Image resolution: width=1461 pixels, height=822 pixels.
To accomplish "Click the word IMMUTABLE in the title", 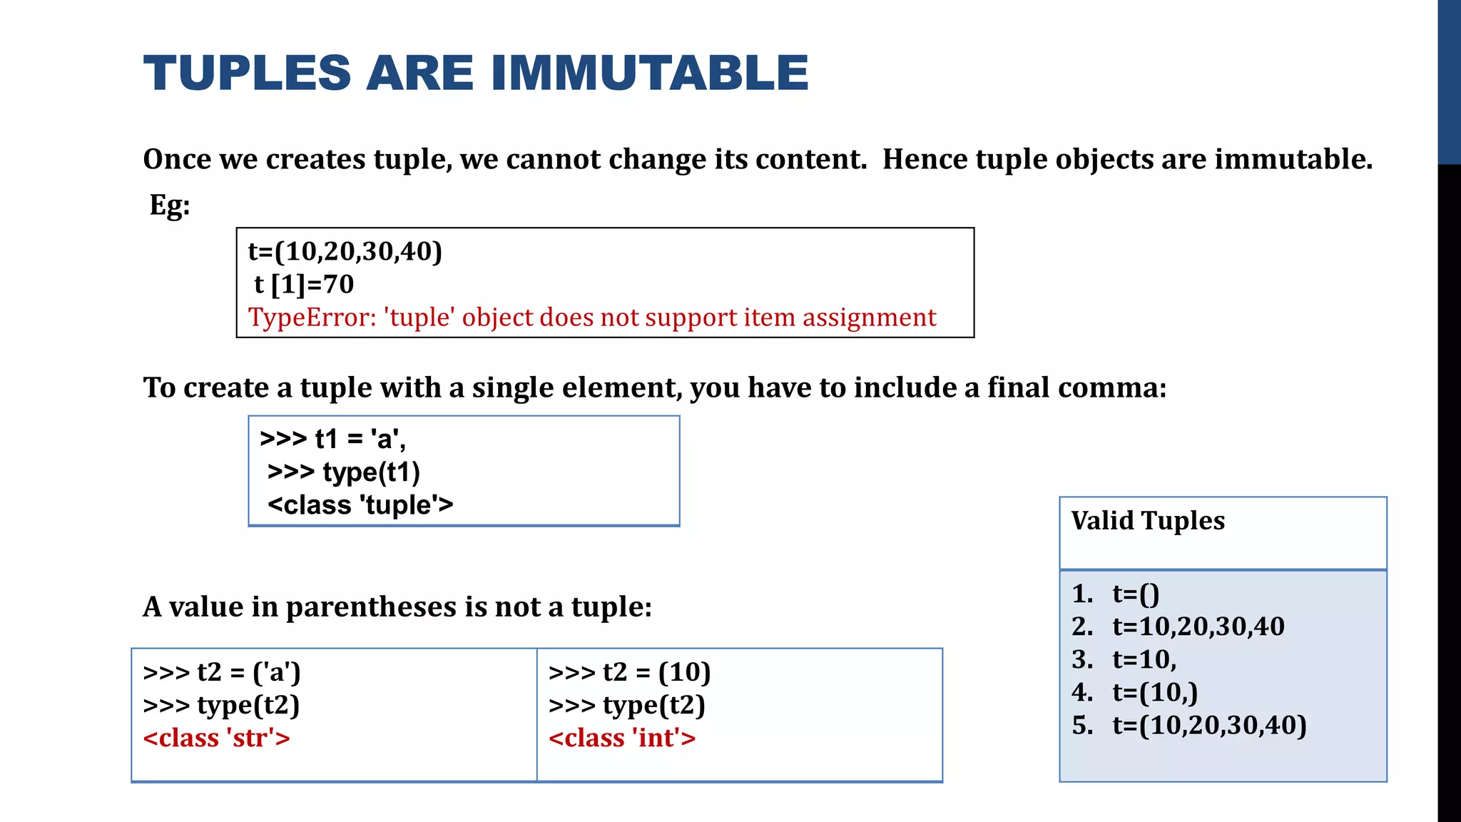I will point(649,73).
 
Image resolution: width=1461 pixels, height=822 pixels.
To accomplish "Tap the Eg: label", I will point(170,205).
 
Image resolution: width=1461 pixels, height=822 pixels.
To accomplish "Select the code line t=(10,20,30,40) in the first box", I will point(345,251).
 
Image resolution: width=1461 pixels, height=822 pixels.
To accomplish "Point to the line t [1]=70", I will point(304,284).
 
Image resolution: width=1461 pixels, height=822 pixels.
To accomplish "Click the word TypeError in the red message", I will point(312,318).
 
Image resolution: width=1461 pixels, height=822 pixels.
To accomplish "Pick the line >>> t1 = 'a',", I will point(333,439).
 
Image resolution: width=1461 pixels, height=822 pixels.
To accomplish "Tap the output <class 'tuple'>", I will point(360,505).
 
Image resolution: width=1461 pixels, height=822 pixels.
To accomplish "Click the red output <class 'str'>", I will point(217,738).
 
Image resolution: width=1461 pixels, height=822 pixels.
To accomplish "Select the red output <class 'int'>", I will point(622,738).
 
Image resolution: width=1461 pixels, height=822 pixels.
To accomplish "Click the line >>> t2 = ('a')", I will point(222,672).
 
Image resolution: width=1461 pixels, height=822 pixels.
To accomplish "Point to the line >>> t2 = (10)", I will point(630,672).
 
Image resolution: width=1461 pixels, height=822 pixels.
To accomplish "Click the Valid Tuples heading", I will point(1148,521).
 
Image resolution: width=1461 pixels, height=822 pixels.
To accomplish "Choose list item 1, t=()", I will point(1136,594).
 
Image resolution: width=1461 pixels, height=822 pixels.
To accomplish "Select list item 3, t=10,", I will point(1144,659).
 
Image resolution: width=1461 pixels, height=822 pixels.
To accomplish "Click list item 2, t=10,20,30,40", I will point(1198,626).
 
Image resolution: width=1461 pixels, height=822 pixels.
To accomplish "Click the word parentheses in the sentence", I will point(371,607).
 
